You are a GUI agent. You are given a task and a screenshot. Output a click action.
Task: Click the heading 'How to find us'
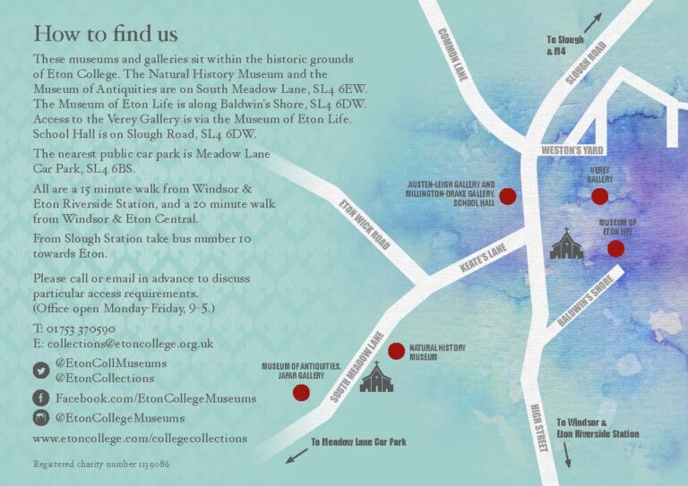point(105,34)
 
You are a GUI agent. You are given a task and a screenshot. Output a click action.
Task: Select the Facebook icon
point(41,397)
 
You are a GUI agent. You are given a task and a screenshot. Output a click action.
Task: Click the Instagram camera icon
point(41,418)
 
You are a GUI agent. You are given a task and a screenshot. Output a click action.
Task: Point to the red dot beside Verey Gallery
point(599,196)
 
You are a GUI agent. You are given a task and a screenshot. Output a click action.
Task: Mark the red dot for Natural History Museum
point(396,351)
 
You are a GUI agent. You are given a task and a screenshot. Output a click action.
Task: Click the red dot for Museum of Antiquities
point(302,392)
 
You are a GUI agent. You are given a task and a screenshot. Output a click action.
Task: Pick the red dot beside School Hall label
point(507,196)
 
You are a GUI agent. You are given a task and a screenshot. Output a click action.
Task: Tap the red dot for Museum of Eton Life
point(615,249)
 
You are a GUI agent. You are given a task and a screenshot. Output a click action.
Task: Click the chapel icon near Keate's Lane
point(566,244)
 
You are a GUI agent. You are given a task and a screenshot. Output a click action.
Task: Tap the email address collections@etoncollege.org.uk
point(130,343)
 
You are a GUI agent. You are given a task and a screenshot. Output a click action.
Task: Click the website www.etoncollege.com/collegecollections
point(140,439)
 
